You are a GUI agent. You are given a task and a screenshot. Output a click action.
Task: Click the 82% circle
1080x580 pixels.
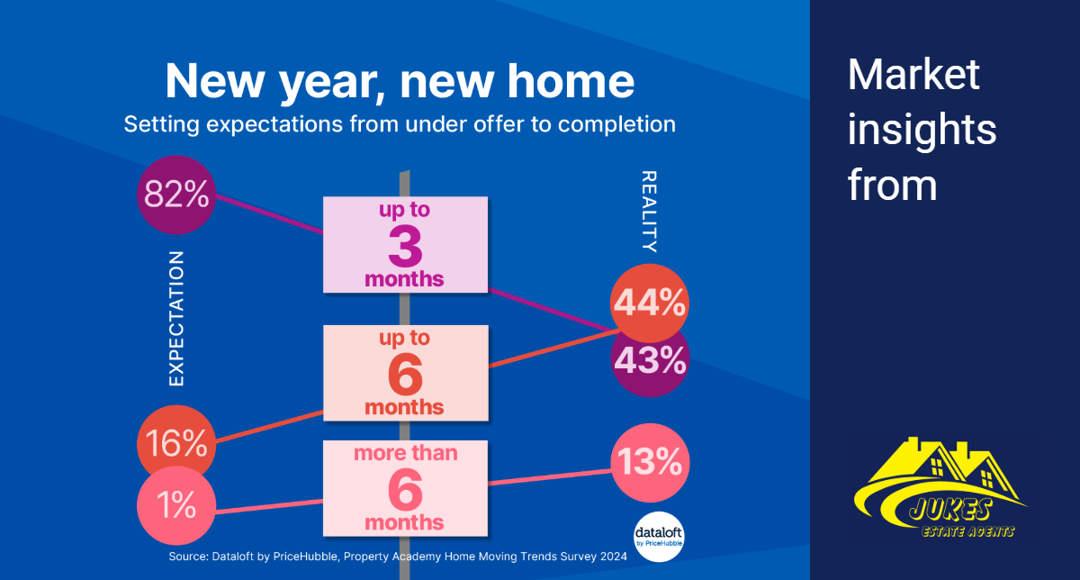176,195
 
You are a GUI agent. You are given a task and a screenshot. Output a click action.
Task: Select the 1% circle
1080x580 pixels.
176,505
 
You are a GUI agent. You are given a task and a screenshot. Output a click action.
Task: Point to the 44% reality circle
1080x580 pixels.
650,303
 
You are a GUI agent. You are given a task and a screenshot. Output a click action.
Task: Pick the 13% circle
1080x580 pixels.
650,463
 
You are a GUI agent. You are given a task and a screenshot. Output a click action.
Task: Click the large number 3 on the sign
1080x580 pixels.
405,247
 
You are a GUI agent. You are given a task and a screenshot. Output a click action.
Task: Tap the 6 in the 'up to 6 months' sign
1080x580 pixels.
405,375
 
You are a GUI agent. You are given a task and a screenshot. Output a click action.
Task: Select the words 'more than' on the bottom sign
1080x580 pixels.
406,453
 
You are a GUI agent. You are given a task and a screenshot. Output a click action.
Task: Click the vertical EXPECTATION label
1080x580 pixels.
176,319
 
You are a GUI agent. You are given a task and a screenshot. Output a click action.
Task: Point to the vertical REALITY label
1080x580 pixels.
649,212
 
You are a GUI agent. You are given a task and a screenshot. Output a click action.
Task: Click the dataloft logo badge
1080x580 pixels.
659,537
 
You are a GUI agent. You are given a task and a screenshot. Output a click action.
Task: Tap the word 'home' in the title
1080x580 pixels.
571,81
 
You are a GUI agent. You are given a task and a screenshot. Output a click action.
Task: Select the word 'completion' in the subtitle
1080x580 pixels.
616,124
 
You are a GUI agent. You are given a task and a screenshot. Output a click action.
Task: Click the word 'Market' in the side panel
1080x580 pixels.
913,75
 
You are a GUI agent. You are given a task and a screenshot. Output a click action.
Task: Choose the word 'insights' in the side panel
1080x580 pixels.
922,130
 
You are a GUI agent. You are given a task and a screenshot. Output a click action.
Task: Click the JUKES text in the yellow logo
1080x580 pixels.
949,510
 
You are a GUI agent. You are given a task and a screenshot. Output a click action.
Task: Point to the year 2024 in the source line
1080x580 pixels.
614,557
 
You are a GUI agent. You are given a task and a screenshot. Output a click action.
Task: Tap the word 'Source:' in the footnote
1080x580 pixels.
188,557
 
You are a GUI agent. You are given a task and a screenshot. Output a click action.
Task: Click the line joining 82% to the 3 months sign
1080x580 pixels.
269,214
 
